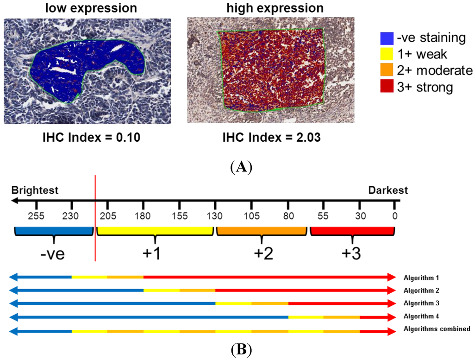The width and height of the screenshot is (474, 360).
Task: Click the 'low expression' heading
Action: tap(87, 8)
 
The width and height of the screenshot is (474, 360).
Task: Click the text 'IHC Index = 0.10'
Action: tap(87, 139)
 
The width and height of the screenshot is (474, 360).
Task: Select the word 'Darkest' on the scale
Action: tap(388, 190)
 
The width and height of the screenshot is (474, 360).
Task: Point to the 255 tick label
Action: tap(37, 216)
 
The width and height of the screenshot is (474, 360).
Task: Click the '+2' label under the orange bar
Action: tap(262, 254)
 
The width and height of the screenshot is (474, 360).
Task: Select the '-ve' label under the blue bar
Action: tap(54, 254)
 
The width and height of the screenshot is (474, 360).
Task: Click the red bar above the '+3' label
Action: tap(352, 231)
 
